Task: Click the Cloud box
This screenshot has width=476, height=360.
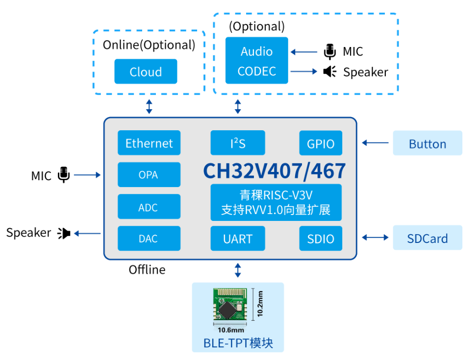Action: point(146,72)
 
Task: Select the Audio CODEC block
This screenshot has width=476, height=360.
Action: point(257,60)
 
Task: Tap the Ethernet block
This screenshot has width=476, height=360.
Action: point(149,143)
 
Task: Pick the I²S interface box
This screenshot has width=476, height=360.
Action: point(238,143)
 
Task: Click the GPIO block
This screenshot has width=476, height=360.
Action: point(321,143)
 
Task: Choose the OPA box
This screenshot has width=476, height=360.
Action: point(149,175)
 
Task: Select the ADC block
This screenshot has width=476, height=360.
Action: point(149,207)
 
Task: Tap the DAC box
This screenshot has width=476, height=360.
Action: point(149,239)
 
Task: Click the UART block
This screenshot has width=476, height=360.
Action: point(238,239)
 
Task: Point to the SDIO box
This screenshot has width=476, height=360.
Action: point(321,239)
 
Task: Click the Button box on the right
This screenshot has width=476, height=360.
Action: point(427,143)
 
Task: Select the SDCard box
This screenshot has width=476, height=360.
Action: point(427,238)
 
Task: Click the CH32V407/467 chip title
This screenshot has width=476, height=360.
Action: point(275,171)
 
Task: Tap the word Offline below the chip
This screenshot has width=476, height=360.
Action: point(147,269)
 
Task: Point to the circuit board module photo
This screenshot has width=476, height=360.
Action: point(230,304)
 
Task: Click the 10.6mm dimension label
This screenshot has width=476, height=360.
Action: point(231,330)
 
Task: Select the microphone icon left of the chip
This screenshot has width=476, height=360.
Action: point(64,175)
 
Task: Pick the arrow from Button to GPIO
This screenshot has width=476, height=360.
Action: point(375,143)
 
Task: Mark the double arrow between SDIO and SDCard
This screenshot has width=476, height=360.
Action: point(375,237)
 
